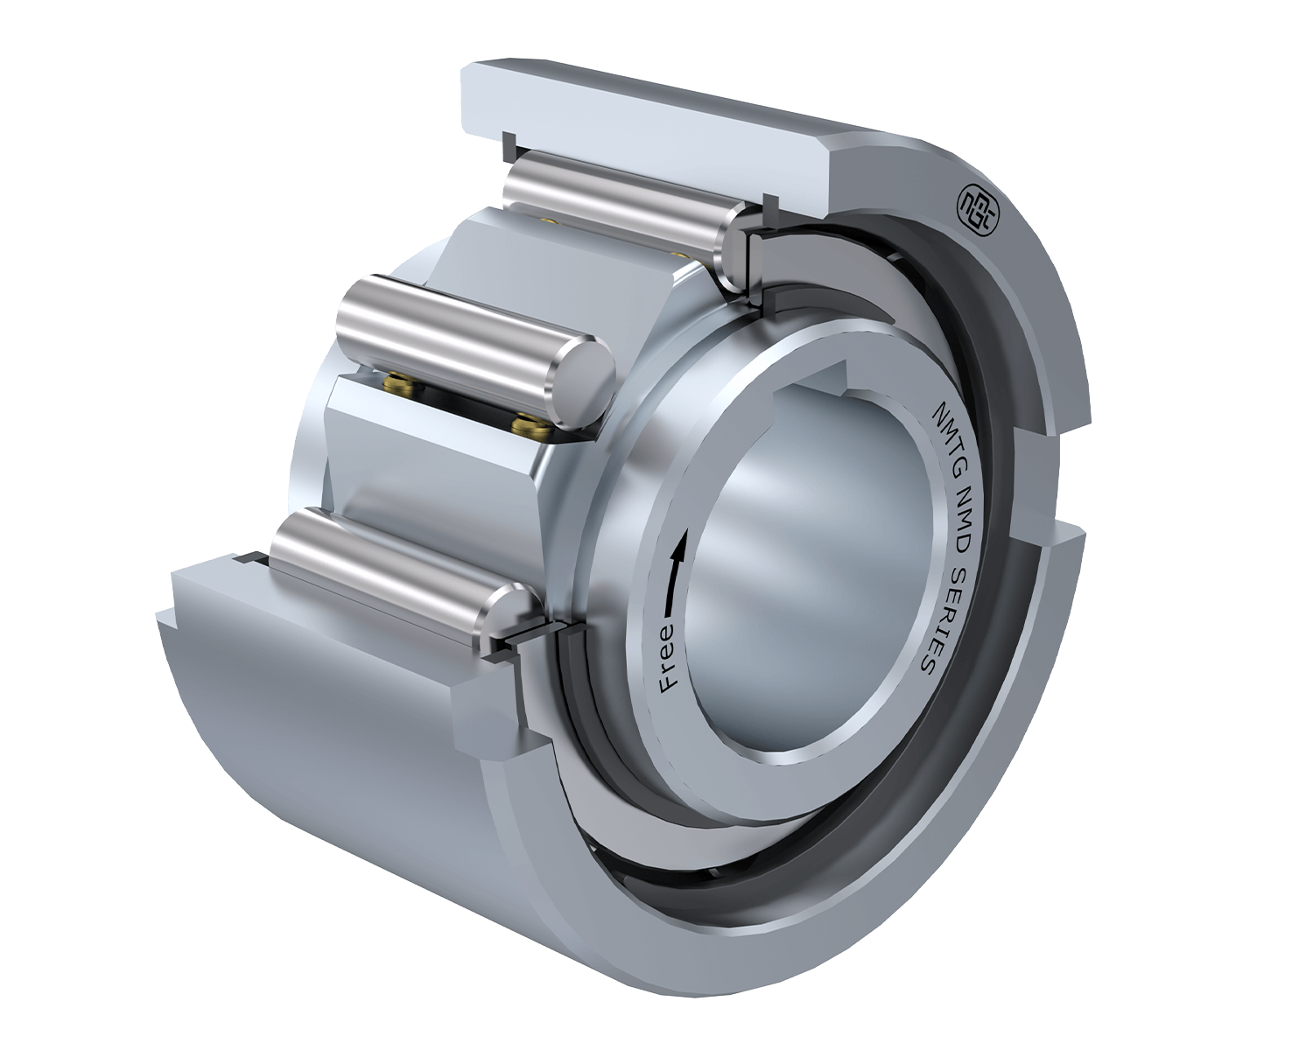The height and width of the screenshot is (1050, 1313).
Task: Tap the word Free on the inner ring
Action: tap(669, 658)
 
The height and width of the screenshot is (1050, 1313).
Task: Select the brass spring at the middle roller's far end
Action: tap(399, 385)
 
